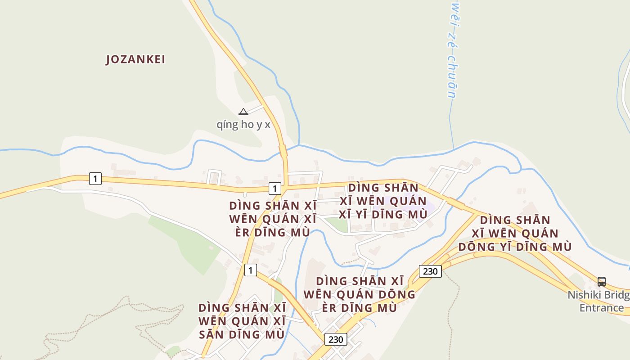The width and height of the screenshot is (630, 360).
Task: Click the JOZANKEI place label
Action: (x=135, y=59)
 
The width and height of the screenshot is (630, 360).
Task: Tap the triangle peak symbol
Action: (x=243, y=112)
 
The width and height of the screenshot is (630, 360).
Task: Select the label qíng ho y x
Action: (x=243, y=124)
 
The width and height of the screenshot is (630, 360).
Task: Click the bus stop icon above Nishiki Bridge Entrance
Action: (x=602, y=282)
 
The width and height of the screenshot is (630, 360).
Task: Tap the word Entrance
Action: (x=602, y=308)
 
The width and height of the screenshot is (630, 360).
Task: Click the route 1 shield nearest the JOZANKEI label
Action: (x=95, y=179)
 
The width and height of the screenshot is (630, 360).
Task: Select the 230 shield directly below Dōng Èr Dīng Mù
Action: (x=336, y=339)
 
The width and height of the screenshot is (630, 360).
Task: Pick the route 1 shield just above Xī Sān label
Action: (x=250, y=270)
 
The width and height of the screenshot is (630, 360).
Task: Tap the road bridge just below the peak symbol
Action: (x=283, y=151)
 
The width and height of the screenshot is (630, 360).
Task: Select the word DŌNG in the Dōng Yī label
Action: (x=476, y=247)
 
